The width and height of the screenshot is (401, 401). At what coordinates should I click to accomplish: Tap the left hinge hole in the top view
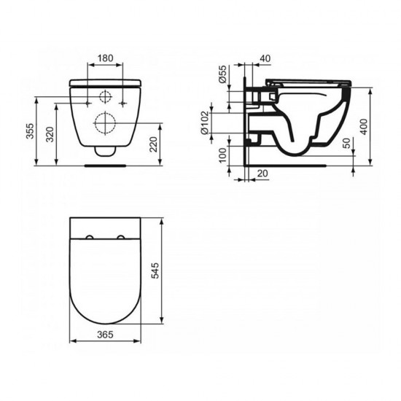(x=89, y=237)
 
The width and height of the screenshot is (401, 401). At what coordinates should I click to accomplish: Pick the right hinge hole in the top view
(x=122, y=237)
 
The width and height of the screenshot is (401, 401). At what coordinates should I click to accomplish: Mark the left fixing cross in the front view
(x=88, y=98)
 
